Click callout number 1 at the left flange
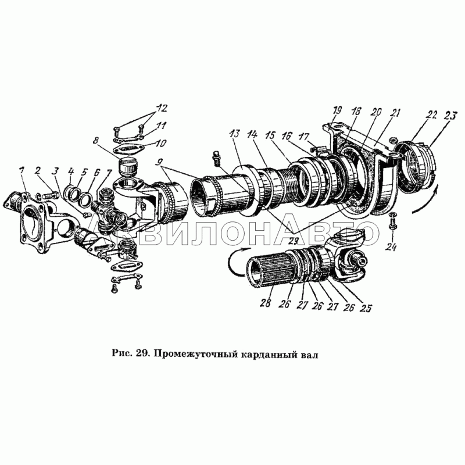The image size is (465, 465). (x=21, y=171)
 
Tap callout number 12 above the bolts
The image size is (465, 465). (x=162, y=108)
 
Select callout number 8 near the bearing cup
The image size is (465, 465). (x=95, y=140)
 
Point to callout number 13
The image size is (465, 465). (x=235, y=134)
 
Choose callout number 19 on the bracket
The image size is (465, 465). (x=337, y=110)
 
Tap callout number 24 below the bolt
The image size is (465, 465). (x=391, y=246)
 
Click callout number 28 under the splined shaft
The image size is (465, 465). (x=266, y=303)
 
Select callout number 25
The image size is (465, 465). (x=366, y=308)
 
